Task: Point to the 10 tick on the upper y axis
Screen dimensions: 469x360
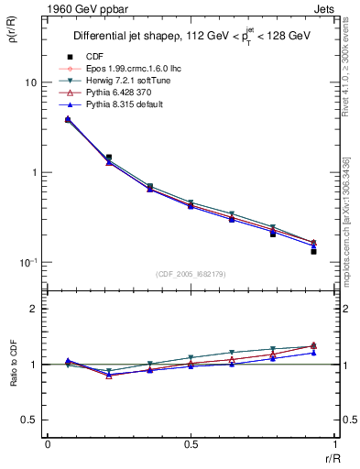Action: click(30, 82)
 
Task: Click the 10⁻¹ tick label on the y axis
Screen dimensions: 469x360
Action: click(27, 263)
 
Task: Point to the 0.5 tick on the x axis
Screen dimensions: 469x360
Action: click(191, 444)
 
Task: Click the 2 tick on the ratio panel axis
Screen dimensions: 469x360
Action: click(34, 309)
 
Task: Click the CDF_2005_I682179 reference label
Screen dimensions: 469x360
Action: click(190, 274)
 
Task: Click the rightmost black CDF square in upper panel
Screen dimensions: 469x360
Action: click(313, 251)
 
